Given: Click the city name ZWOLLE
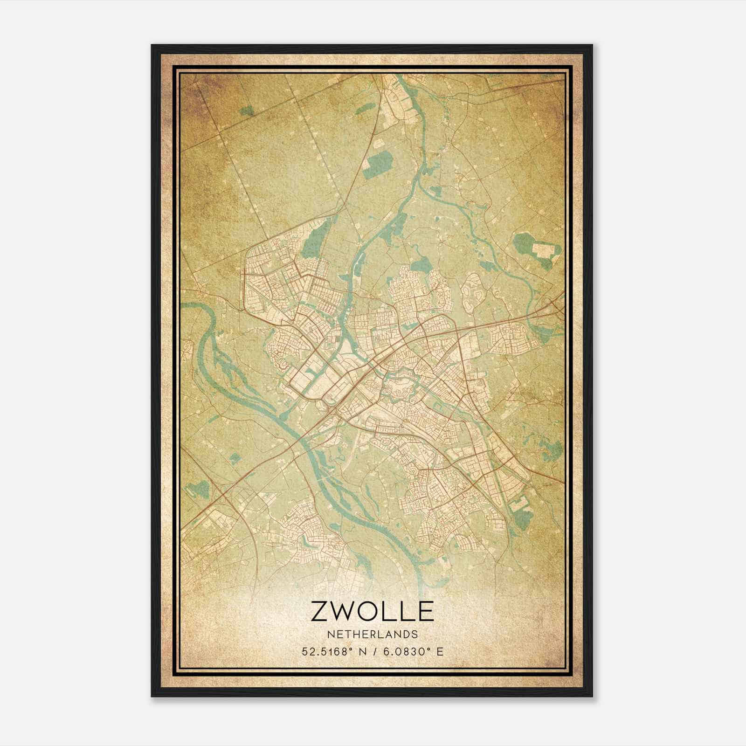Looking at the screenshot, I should [372, 612].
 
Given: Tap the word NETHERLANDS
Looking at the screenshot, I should [372, 635].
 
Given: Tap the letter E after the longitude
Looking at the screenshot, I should [440, 651].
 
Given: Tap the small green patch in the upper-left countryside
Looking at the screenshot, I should [248, 111].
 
